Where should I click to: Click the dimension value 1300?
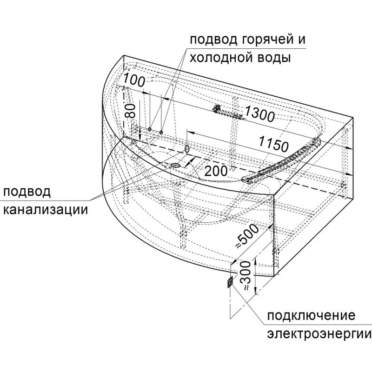[259, 114]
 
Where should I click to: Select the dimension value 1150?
[273, 144]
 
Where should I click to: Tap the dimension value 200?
[215, 171]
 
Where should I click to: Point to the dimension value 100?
[134, 80]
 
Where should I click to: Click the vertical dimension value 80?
[130, 111]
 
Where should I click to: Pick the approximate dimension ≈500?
[247, 236]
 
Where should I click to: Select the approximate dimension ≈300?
[245, 276]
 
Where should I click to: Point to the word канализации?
[46, 209]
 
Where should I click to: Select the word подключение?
[311, 316]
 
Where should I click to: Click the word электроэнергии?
[319, 334]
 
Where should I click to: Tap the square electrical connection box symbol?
[230, 282]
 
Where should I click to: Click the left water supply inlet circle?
[150, 129]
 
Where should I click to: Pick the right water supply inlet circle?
[161, 132]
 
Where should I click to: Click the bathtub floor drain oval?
[175, 165]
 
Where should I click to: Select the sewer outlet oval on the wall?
[187, 149]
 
